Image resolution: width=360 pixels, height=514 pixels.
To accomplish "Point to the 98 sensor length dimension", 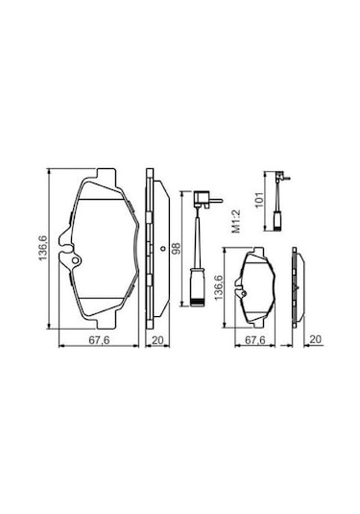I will tap(177, 248).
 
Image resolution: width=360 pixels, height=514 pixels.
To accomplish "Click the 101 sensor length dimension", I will tap(257, 203).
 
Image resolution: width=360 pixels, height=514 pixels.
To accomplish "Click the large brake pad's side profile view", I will tap(149, 252).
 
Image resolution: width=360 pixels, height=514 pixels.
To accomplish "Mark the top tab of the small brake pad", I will tap(257, 252).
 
